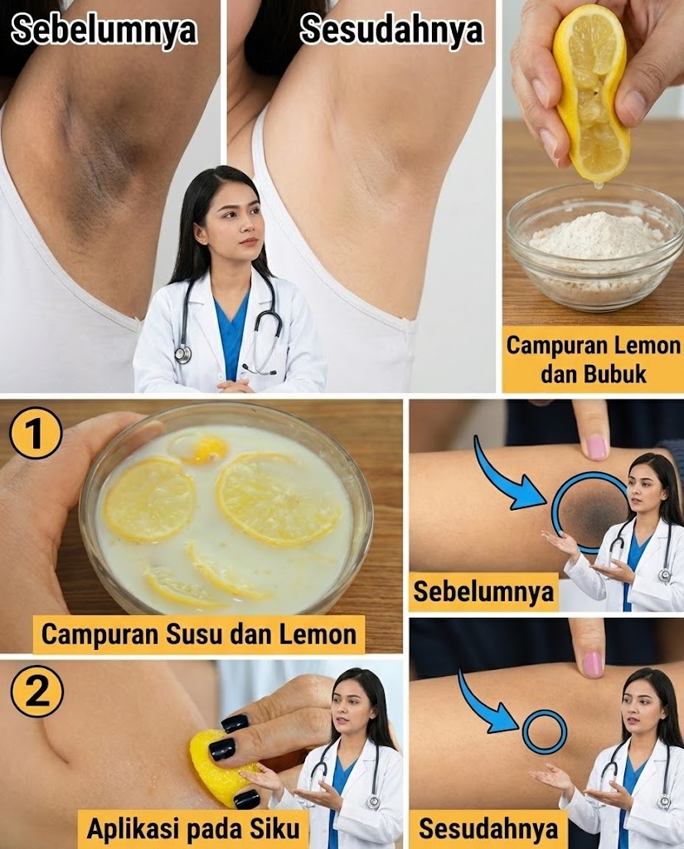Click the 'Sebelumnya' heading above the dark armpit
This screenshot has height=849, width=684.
pos(104,31)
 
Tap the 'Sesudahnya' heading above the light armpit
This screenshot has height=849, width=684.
pos(391,30)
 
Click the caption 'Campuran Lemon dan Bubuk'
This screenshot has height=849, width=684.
pos(593,359)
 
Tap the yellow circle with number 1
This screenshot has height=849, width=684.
pos(35,434)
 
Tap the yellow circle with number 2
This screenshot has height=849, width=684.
pos(36,691)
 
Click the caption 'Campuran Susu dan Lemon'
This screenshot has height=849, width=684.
pos(199,634)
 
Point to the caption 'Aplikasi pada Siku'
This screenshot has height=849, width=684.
pos(193,829)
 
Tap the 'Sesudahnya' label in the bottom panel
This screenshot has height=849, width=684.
pos(488,829)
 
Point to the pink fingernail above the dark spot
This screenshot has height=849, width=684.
pos(596,447)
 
